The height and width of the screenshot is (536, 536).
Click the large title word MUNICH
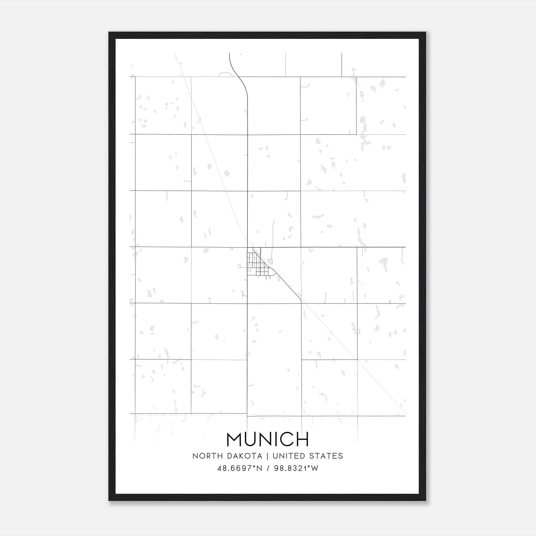tap(268, 439)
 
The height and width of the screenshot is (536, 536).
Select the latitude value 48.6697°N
tap(240, 468)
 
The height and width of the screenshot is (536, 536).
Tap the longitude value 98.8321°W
tap(296, 468)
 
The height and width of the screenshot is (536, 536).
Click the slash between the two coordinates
tap(268, 468)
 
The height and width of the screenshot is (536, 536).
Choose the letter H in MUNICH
tap(301, 439)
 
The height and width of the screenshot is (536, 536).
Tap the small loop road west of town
tap(240, 267)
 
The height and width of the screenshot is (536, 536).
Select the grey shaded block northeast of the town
tap(270, 261)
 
